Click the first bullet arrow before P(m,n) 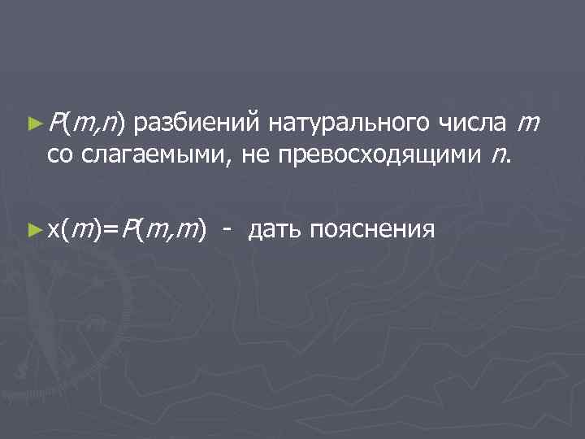[x=33, y=124]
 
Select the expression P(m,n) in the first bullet [x=85, y=124]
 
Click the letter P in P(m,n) [x=54, y=124]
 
